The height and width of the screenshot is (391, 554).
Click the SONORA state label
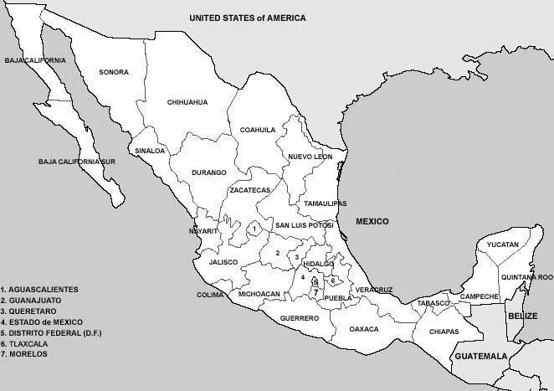click(x=114, y=72)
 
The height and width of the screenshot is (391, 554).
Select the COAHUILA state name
click(x=258, y=130)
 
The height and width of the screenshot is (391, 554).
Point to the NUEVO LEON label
click(x=310, y=157)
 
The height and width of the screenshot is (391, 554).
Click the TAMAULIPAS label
click(x=326, y=203)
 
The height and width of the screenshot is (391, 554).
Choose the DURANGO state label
click(x=209, y=172)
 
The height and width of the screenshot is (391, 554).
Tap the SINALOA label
click(x=151, y=151)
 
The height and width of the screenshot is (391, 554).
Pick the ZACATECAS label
click(x=249, y=190)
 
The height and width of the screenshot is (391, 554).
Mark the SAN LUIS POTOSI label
click(x=305, y=225)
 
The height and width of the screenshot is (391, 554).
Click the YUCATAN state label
click(x=503, y=244)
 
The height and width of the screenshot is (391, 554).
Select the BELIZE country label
click(x=521, y=315)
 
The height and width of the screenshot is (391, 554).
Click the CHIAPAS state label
click(x=444, y=332)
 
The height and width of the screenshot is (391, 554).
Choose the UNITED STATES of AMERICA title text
click(x=247, y=18)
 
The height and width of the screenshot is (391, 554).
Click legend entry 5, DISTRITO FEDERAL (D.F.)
click(x=50, y=332)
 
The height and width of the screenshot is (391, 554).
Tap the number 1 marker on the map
click(x=254, y=228)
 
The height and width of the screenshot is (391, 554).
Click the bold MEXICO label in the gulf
click(x=373, y=221)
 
